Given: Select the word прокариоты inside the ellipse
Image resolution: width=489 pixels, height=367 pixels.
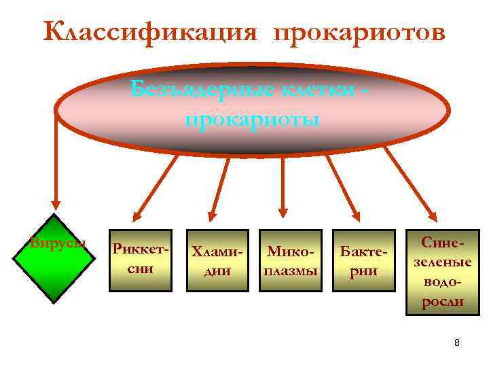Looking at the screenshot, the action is point(252,120).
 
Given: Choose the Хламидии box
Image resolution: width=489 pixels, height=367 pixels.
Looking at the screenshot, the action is point(216,260).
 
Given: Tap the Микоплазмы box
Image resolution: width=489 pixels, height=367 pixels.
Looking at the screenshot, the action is point(291,260).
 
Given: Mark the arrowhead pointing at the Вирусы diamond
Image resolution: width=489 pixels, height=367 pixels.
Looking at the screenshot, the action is point(56,207).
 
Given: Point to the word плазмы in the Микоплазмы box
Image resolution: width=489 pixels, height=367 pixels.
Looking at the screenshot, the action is point(291,270).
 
